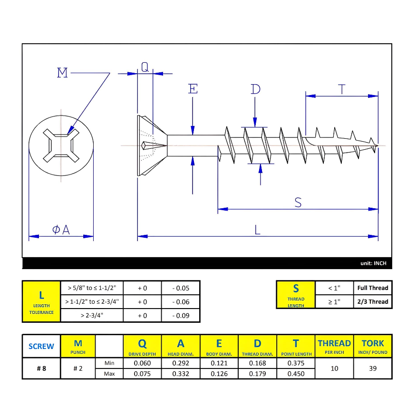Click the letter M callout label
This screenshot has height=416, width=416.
[x=62, y=73]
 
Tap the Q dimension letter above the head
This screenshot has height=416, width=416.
[x=145, y=68]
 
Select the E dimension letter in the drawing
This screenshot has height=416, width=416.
[x=193, y=89]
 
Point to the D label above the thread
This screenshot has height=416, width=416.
[x=256, y=89]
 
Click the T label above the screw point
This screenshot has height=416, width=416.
[x=341, y=89]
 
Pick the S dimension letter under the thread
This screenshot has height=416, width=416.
[x=298, y=202]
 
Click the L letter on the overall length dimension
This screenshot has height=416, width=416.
[x=257, y=230]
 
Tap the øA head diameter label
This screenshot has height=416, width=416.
[x=61, y=230]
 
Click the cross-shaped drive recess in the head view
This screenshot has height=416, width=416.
[x=60, y=144]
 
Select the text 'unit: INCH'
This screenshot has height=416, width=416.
[x=373, y=263]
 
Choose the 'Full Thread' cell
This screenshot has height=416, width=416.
[x=373, y=288]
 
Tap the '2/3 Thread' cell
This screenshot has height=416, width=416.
[x=373, y=301]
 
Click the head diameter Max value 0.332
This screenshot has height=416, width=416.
[x=181, y=374]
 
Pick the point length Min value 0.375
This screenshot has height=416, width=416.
[x=296, y=363]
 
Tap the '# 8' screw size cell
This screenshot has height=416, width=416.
[x=41, y=368]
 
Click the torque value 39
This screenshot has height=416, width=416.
[x=373, y=368]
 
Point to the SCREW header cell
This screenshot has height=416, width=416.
[x=41, y=346]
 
